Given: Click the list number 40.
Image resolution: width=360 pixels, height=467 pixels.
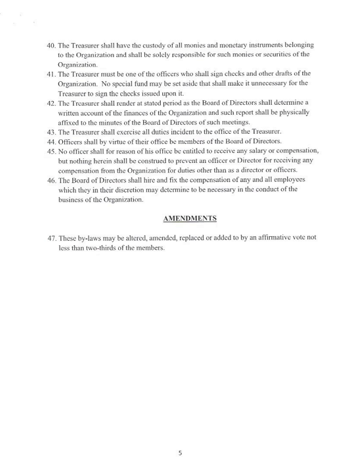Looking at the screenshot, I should (x=52, y=44).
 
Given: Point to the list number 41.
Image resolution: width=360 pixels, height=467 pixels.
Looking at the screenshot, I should (x=52, y=73).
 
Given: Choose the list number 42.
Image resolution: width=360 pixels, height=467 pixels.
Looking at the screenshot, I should (x=52, y=103).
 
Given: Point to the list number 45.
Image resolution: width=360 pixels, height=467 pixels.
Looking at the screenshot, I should (x=52, y=151).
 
